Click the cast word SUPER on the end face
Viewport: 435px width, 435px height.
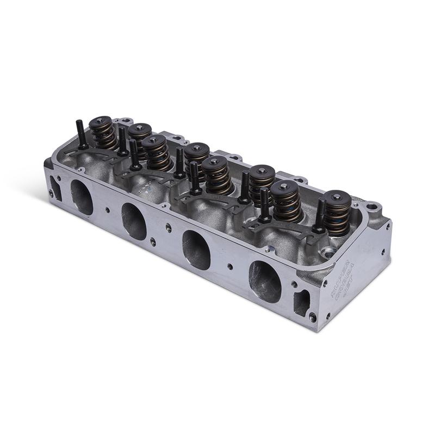[x=337, y=283]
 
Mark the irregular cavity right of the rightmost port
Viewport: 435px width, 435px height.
[x=301, y=302]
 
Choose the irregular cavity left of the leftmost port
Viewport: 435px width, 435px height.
[x=53, y=184]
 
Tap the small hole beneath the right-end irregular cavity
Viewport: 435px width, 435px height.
[x=312, y=315]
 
